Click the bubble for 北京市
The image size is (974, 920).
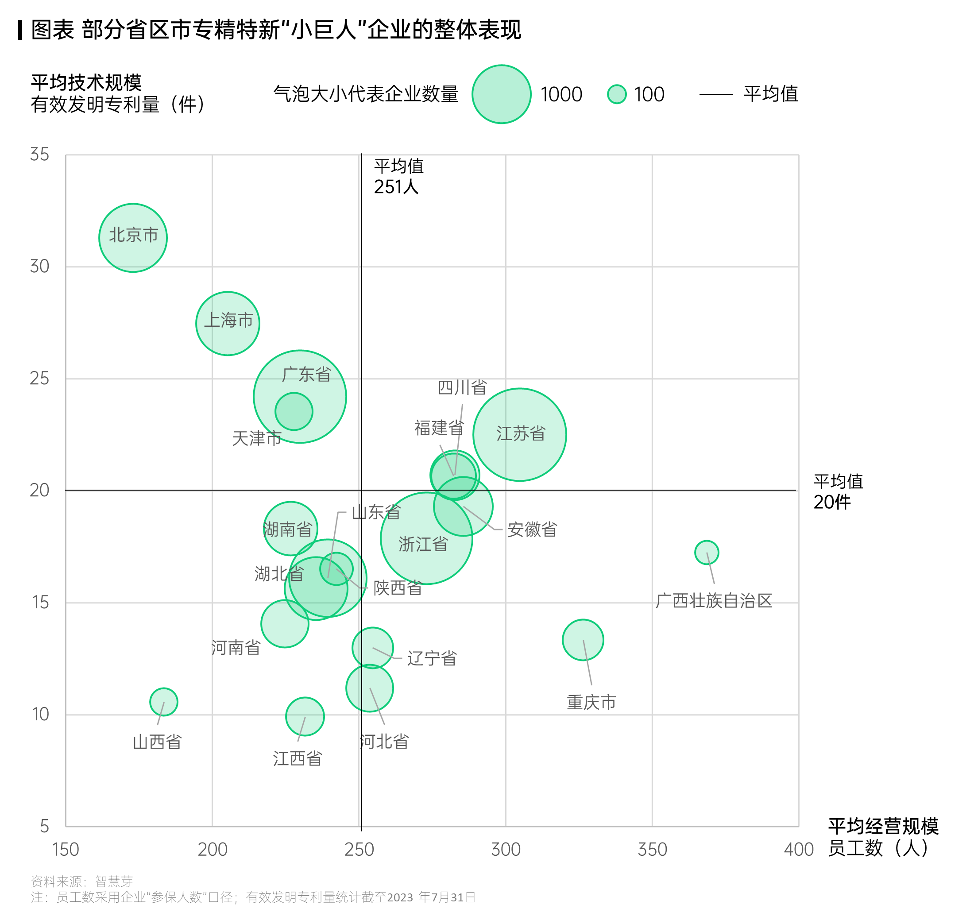click(133, 238)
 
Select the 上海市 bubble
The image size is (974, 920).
click(228, 324)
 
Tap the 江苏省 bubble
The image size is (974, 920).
click(519, 434)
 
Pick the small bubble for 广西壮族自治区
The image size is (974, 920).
click(706, 553)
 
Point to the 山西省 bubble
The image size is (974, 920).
click(163, 702)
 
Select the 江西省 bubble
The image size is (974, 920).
click(305, 716)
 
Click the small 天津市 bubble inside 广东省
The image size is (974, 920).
click(294, 411)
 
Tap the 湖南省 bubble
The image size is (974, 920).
click(290, 529)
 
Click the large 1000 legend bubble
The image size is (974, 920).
click(501, 94)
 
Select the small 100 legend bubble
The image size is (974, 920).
click(616, 94)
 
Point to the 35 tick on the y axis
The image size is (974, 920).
click(40, 155)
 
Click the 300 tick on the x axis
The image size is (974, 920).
click(506, 849)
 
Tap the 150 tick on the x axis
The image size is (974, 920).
click(66, 849)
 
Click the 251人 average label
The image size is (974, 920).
click(396, 187)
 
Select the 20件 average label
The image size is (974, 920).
click(832, 502)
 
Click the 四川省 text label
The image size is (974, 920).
click(462, 387)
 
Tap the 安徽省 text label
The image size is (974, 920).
click(532, 530)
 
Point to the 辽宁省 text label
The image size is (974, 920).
click(432, 658)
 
